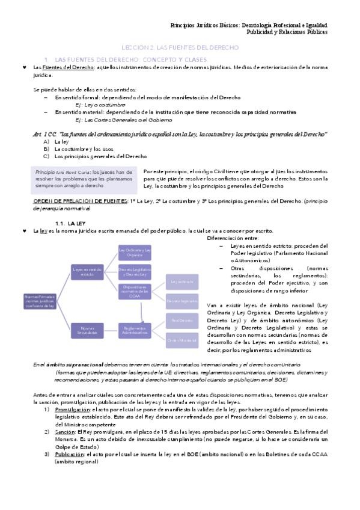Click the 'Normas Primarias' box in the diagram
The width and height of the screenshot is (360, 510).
pos(40,300)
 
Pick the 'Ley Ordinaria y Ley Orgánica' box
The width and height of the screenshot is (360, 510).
pos(135,253)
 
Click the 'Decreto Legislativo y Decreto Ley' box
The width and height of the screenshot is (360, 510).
pos(135,271)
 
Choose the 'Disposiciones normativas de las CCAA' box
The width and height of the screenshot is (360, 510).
pos(135,290)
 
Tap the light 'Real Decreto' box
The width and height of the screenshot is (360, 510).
pos(181,320)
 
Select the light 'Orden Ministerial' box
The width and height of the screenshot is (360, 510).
pos(181,340)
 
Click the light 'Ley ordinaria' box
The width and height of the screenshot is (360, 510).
pos(181,281)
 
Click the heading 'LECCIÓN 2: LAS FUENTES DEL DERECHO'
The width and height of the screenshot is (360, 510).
pos(180,47)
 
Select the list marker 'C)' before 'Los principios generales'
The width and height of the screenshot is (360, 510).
pos(46,156)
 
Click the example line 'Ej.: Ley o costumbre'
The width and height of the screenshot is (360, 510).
pos(91,104)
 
